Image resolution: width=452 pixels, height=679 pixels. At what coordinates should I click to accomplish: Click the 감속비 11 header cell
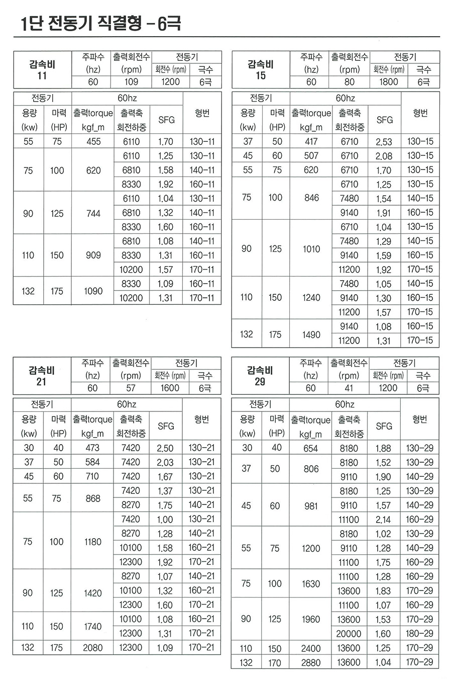coord(42,70)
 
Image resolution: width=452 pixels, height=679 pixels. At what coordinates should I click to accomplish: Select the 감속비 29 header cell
coord(260,376)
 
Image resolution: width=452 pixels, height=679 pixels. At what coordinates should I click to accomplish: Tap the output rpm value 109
coord(131,82)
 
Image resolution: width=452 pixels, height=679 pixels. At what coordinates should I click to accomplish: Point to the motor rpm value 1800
coord(388,82)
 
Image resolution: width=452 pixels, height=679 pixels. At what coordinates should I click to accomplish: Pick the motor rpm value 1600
coord(170,388)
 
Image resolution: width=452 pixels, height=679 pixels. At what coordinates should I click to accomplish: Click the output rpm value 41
coord(349,388)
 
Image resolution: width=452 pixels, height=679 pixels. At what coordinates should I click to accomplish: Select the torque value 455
coord(93,142)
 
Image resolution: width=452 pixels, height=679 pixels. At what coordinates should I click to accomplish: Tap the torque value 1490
coord(311,334)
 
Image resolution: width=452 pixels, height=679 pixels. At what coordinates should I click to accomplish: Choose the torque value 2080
coord(93,648)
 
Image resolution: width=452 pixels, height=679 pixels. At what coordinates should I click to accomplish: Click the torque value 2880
coord(311,662)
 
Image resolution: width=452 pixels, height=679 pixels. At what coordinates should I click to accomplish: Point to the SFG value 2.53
coord(384,142)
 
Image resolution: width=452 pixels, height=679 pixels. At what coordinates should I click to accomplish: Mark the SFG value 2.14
coord(383,520)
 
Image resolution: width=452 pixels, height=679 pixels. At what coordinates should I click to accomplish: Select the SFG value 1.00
coord(165,520)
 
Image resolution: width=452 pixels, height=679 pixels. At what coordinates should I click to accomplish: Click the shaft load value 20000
coord(349,634)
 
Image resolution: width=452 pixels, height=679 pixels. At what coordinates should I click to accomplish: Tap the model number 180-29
coord(419,634)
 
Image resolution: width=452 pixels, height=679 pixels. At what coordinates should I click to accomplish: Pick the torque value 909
coord(93,256)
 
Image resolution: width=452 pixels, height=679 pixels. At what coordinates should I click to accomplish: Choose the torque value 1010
coord(311,248)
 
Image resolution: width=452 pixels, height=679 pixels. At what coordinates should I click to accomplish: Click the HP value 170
coord(275,662)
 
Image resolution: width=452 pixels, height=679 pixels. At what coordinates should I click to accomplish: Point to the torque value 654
coord(311,448)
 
